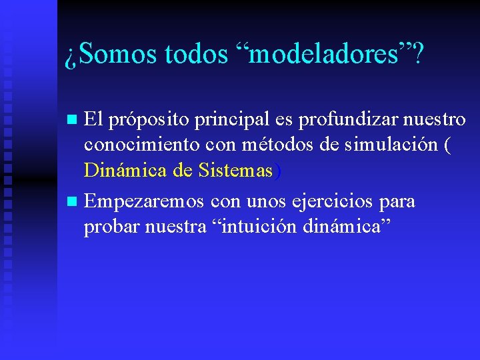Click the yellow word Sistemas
point(236,171)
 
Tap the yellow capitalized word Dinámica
point(126,171)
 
